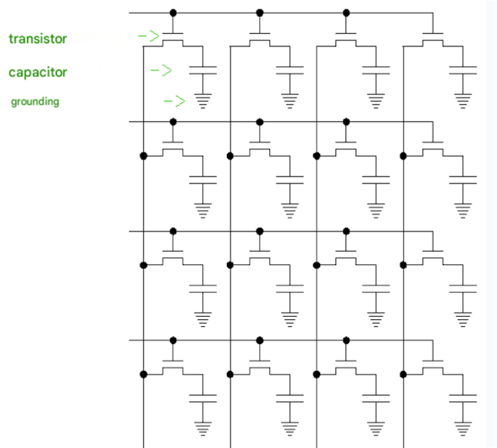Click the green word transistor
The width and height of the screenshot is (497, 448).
pos(38,39)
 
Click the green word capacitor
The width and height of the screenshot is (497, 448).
pos(38,73)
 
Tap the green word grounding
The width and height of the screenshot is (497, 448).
pos(35,102)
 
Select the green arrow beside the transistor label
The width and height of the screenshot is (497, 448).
pos(149,36)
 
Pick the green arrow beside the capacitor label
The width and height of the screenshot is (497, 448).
pos(161,70)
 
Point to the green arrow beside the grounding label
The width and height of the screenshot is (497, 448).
pos(174,101)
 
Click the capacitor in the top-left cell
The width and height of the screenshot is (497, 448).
pos(203,70)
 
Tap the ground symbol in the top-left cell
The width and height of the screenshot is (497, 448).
pos(203,101)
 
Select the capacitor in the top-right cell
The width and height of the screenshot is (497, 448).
pos(463,70)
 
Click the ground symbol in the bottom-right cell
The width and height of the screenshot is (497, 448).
pos(463,429)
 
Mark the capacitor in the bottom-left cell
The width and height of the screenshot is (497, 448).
pos(203,399)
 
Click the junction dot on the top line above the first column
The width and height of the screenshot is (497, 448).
pos(173,13)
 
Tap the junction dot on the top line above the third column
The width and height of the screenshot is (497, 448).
pos(346,13)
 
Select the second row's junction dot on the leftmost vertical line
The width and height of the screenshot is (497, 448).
pos(144,156)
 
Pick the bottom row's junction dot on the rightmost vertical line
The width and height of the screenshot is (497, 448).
pos(403,374)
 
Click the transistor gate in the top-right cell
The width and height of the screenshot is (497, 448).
pos(433,33)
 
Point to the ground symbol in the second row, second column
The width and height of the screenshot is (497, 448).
pos(290,211)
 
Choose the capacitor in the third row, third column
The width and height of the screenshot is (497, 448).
pos(376,289)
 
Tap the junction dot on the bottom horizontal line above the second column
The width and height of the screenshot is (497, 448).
pos(260,340)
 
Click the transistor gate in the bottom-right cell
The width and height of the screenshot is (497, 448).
pos(433,361)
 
